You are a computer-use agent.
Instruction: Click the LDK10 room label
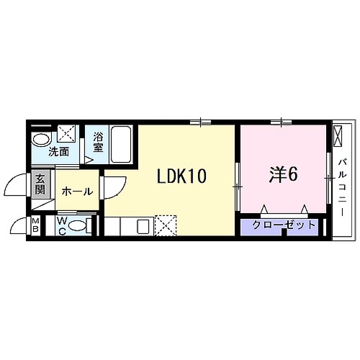182,176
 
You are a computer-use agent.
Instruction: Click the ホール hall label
76,192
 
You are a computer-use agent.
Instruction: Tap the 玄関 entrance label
39,186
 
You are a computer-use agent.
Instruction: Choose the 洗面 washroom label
58,152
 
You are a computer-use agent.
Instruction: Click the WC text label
63,225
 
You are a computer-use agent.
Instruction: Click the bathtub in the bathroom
120,145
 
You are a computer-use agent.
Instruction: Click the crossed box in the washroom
68,134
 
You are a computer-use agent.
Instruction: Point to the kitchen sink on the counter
142,227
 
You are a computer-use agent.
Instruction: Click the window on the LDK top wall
201,122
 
